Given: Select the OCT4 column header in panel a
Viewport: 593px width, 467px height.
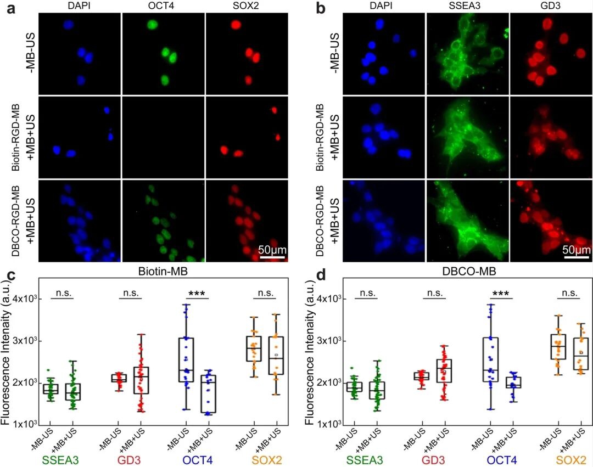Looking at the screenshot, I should (163, 6).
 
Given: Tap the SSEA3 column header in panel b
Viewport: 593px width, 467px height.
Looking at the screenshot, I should (467, 6).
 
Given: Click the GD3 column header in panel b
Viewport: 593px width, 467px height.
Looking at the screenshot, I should (551, 6).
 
